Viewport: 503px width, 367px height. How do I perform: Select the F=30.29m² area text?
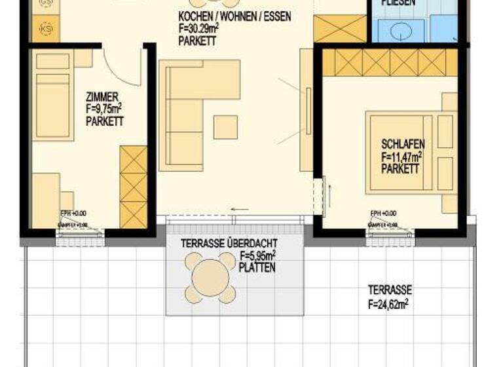206,29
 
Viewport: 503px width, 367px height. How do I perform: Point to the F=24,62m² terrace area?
388,303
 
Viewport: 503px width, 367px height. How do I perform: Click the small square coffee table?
225,127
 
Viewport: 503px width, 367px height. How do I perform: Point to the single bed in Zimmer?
53,105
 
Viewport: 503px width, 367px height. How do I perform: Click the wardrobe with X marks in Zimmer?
133,187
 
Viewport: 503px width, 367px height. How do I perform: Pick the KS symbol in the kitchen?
46,29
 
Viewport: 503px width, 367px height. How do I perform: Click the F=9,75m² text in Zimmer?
105,109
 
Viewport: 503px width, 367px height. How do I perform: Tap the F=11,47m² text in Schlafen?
401,157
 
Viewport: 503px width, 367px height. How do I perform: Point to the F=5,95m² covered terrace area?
257,256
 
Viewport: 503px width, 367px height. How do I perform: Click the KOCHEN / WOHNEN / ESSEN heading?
234,16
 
